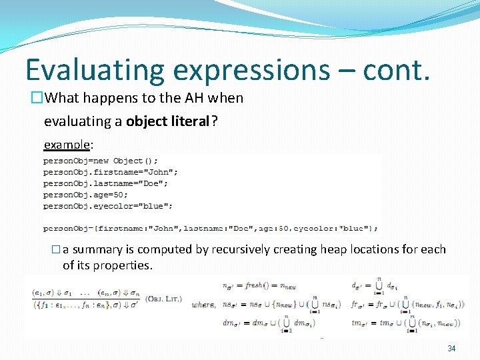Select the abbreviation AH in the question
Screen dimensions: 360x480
(x=195, y=98)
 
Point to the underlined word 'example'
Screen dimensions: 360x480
(x=66, y=145)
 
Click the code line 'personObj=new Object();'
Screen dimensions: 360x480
(x=101, y=161)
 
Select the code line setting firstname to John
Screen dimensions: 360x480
(x=110, y=172)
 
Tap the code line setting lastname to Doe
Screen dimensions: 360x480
(x=105, y=183)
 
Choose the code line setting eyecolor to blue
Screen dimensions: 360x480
(x=108, y=206)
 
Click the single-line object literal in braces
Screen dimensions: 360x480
(x=211, y=229)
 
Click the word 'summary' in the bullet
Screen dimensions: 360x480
(x=97, y=250)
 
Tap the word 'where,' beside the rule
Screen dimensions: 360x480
(x=203, y=305)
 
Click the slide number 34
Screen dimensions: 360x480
(x=451, y=349)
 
